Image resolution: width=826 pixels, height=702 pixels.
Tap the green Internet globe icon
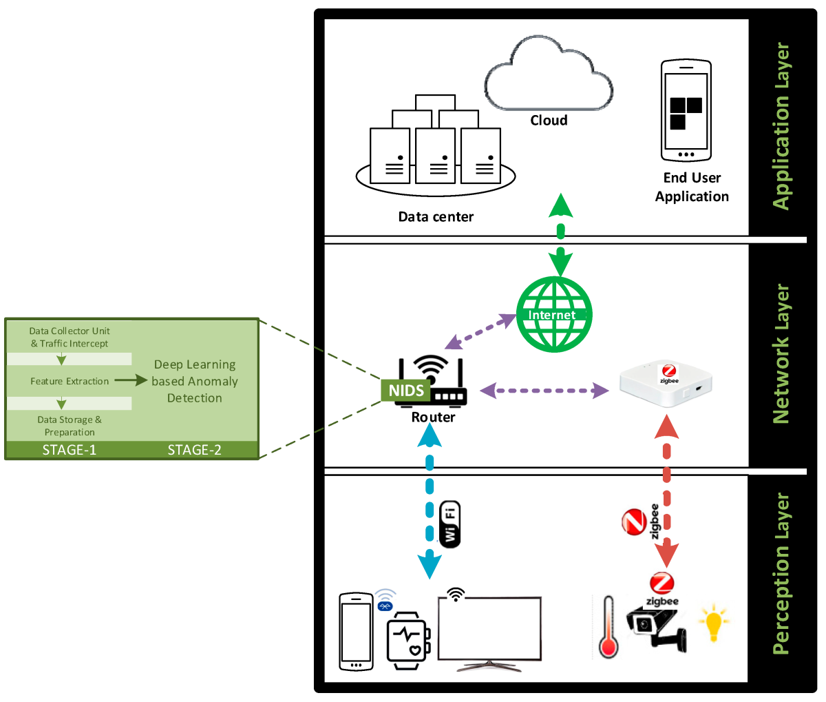click(x=555, y=314)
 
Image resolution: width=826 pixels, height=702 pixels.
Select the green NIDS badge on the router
click(x=406, y=391)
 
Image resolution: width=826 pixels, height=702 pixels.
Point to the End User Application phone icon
click(x=686, y=111)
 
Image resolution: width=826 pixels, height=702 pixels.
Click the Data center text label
click(x=436, y=217)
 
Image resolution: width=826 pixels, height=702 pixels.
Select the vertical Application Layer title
click(x=781, y=126)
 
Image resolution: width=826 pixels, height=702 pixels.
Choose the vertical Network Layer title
click(x=781, y=354)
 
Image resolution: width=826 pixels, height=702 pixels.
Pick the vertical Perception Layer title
click(x=781, y=573)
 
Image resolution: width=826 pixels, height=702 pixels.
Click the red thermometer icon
click(x=608, y=627)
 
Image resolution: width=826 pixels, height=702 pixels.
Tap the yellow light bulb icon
click(x=713, y=622)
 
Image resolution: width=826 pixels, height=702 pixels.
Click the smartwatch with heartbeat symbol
click(x=408, y=640)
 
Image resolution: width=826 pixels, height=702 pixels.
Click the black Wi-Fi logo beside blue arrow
click(x=450, y=524)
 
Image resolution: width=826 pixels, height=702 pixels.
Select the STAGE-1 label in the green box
click(x=70, y=450)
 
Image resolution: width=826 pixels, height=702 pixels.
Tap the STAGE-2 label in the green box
click(x=195, y=450)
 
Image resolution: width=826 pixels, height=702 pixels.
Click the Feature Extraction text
click(x=70, y=381)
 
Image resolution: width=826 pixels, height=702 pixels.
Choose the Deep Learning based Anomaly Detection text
click(x=195, y=381)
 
